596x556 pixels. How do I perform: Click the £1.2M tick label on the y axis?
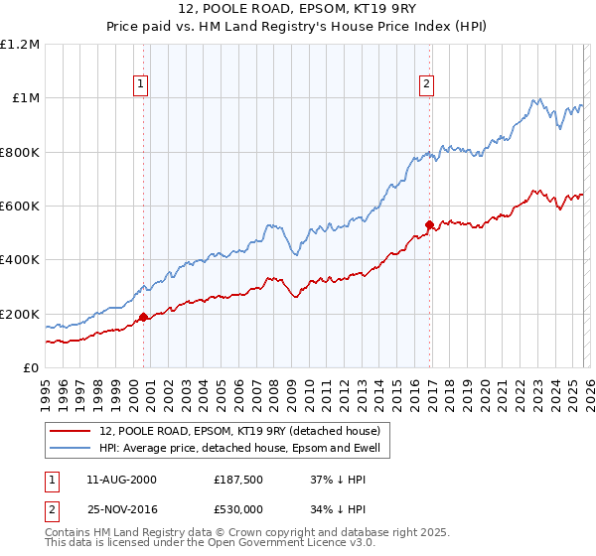20,45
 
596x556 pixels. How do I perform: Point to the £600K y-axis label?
20,207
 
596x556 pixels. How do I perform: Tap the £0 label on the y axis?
32,368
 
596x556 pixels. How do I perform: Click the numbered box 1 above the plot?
142,85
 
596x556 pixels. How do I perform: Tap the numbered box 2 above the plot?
426,85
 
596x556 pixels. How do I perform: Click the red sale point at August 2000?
143,318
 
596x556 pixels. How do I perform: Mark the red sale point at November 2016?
429,224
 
